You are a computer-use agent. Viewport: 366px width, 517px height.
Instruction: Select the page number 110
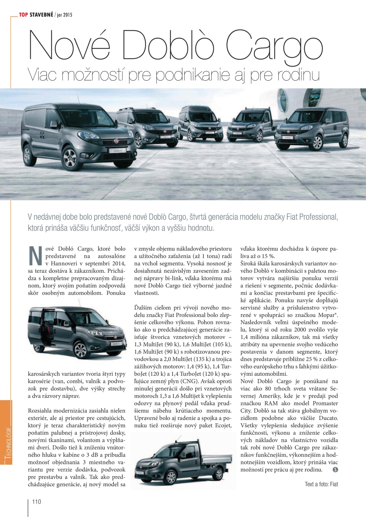[x=37, y=501]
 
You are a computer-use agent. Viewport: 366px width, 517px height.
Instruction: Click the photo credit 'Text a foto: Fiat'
[x=321, y=484]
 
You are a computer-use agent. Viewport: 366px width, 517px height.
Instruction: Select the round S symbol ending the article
[x=336, y=469]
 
